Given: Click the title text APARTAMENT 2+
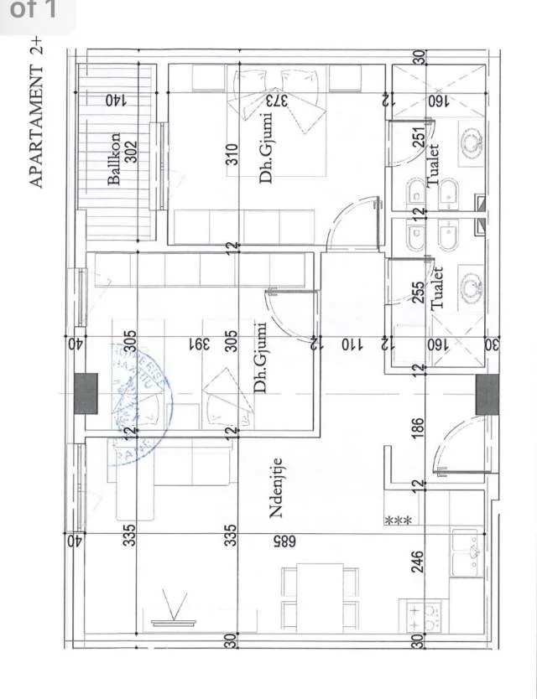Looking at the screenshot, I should (x=36, y=116).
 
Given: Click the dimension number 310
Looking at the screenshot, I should (x=232, y=157).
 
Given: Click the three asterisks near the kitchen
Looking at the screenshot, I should (x=397, y=521).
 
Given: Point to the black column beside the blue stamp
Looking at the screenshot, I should (x=86, y=394).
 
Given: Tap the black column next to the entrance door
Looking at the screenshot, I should (x=487, y=394).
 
